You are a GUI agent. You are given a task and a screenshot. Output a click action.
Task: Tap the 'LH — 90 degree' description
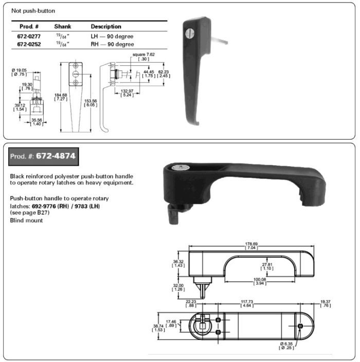click(x=112, y=37)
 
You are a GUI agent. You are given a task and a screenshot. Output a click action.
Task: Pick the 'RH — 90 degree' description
click(x=112, y=44)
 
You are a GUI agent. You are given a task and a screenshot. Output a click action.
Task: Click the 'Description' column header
click(x=106, y=26)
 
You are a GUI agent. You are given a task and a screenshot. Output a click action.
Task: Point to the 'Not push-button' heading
click(x=33, y=11)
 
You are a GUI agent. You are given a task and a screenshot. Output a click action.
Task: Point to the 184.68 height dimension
click(x=61, y=96)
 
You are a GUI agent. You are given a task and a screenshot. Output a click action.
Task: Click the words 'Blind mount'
click(x=25, y=220)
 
